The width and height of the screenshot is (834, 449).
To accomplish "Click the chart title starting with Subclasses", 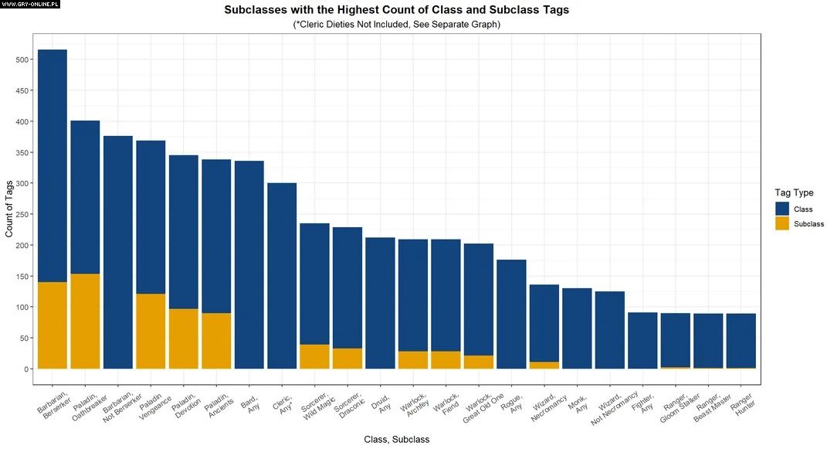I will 396,10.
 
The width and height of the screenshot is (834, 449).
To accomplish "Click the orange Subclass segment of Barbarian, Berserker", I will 53,325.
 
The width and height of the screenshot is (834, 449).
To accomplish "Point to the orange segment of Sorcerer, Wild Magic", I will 314,356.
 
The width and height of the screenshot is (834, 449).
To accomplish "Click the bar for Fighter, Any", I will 642,340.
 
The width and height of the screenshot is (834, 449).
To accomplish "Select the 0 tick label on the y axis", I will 25,369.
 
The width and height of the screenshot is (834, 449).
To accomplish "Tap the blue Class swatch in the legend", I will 782,209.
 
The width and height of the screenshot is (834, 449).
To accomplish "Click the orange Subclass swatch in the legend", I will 782,223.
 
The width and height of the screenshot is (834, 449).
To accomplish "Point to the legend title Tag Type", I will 795,192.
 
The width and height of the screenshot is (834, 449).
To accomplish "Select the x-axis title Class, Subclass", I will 396,439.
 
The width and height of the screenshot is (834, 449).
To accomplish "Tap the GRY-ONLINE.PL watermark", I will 31,5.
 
